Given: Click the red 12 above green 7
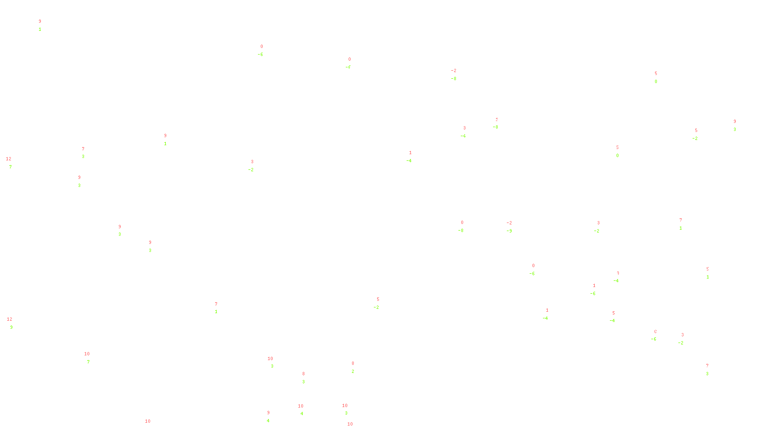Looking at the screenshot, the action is click(9, 159).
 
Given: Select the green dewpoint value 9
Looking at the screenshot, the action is click(11, 327).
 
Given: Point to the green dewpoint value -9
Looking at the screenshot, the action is click(509, 231).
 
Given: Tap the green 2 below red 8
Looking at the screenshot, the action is click(353, 371).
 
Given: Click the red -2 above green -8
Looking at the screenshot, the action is click(454, 71).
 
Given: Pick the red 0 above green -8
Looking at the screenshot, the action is click(462, 223).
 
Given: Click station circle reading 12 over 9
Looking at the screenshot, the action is click(15, 323).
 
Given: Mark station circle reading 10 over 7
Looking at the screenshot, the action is click(91, 358).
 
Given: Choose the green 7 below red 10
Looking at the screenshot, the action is click(88, 362).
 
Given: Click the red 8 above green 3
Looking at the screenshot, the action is click(304, 374).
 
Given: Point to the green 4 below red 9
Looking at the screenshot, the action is click(268, 420).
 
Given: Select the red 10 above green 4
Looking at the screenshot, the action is click(300, 406).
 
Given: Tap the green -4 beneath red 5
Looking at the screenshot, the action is click(612, 320).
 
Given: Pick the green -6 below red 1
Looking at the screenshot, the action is click(593, 294).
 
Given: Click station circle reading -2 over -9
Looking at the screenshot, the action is click(514, 227).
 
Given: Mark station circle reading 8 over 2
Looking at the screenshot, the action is click(356, 367).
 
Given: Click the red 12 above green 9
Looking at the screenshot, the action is click(9, 319).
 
